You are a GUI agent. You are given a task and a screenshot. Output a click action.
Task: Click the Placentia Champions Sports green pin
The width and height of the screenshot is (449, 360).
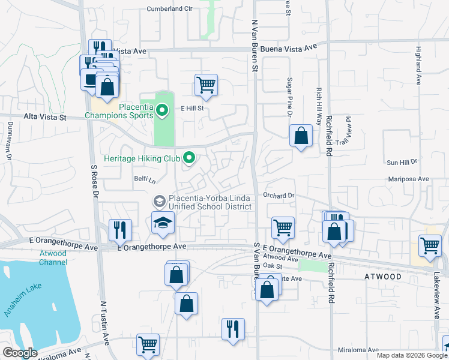tap(161, 110)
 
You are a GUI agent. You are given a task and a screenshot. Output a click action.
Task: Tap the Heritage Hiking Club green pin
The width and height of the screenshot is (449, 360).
tap(189, 158)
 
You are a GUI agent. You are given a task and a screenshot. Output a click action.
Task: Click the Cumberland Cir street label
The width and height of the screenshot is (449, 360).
tap(170, 9)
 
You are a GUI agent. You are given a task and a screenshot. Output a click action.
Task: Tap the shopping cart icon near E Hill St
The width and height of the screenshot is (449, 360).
tap(206, 85)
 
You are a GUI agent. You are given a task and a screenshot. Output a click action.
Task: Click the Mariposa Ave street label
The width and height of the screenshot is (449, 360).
tap(408, 178)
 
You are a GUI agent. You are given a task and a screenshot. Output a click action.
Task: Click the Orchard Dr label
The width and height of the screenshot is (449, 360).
tap(279, 196)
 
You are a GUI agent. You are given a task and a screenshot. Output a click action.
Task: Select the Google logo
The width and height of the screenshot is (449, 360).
tap(20, 353)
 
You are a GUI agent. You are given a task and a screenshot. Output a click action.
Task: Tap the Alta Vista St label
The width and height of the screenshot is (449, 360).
tap(45, 118)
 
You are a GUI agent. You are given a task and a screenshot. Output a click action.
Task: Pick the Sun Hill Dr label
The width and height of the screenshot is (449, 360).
tap(402, 163)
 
